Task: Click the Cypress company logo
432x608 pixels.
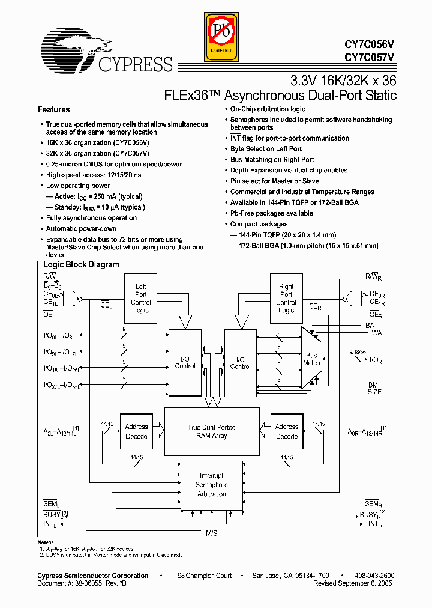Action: tap(106, 52)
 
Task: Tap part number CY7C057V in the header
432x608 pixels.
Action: tap(370, 58)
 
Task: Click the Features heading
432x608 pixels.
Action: tap(54, 110)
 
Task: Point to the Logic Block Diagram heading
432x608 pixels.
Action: tap(82, 264)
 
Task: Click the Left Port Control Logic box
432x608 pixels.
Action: tap(141, 298)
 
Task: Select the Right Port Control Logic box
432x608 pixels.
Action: tap(286, 298)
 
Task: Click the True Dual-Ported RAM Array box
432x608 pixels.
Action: tap(212, 431)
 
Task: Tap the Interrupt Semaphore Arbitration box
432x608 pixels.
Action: tap(212, 485)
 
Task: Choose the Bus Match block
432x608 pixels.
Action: tap(311, 359)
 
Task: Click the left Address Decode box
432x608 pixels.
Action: tap(137, 431)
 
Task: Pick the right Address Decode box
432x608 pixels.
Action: tap(287, 431)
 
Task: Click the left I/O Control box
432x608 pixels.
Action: tap(185, 362)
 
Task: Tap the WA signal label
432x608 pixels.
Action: tap(377, 332)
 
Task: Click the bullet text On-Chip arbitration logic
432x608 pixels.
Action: tap(268, 109)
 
